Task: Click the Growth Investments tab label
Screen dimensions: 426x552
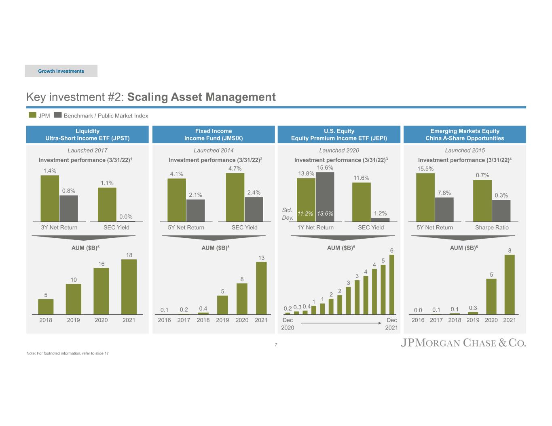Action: pyautogui.click(x=61, y=71)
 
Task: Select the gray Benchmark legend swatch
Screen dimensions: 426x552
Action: pyautogui.click(x=58, y=115)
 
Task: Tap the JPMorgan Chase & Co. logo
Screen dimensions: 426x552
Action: pyautogui.click(x=463, y=343)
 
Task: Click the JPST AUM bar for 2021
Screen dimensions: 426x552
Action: pyautogui.click(x=129, y=286)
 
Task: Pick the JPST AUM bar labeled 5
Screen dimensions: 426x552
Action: pyautogui.click(x=46, y=306)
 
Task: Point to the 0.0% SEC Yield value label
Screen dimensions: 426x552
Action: pyautogui.click(x=126, y=217)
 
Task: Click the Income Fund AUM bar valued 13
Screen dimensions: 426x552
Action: pyautogui.click(x=261, y=287)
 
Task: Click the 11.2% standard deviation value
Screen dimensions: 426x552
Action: pyautogui.click(x=305, y=214)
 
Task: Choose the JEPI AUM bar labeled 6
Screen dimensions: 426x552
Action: pyautogui.click(x=391, y=284)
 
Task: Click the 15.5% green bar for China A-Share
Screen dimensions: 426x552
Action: pyautogui.click(x=425, y=197)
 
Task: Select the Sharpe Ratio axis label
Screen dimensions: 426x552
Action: pyautogui.click(x=492, y=227)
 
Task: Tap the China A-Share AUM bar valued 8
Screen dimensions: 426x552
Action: pyautogui.click(x=510, y=284)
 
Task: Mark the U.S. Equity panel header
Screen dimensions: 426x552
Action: pyautogui.click(x=339, y=134)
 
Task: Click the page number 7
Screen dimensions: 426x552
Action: pyautogui.click(x=276, y=344)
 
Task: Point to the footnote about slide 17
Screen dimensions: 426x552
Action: pyautogui.click(x=68, y=354)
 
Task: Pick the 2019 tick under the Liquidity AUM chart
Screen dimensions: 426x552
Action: pyautogui.click(x=74, y=320)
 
